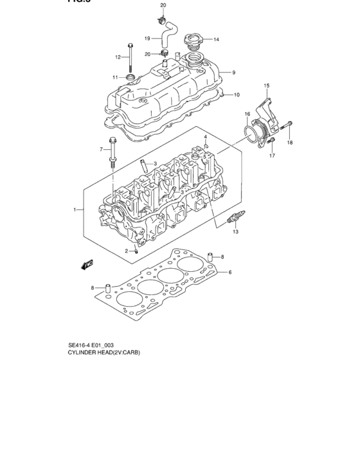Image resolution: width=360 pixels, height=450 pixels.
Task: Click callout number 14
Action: click(x=217, y=40)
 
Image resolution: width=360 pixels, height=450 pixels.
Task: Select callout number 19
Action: click(x=147, y=38)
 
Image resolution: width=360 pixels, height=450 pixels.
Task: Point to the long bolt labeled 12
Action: click(x=130, y=57)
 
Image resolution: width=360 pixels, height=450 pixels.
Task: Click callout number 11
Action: click(x=116, y=78)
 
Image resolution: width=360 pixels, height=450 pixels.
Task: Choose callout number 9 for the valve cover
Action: click(x=233, y=73)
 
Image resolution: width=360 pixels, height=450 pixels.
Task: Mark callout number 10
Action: click(x=237, y=95)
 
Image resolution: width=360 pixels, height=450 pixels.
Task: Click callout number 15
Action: click(x=267, y=85)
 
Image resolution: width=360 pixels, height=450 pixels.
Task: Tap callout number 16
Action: click(x=247, y=114)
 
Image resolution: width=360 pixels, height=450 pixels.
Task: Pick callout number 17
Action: click(x=272, y=156)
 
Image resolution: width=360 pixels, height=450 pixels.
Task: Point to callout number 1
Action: click(x=75, y=210)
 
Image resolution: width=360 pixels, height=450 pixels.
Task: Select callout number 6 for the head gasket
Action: click(x=230, y=273)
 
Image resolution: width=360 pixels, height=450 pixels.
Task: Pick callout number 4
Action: click(x=205, y=137)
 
